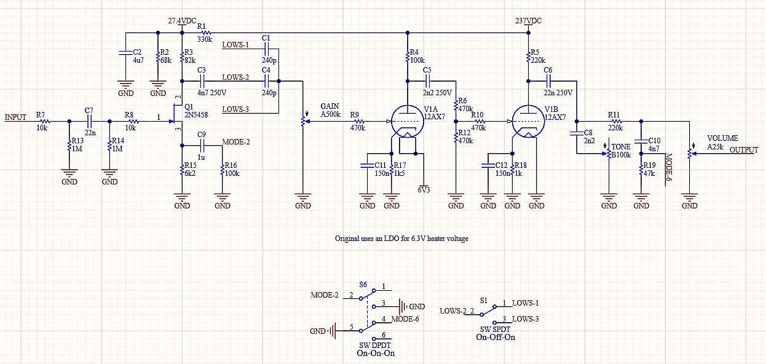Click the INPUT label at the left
15,117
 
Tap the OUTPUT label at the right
744,150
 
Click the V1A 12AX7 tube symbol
407,122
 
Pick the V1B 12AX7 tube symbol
528,122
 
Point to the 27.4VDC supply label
182,21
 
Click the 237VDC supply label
528,21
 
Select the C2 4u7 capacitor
125,53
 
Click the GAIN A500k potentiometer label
330,110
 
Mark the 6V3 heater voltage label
424,190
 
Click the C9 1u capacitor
202,146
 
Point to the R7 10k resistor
44,122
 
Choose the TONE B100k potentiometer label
621,151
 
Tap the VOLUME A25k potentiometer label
722,142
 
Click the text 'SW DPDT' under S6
375,345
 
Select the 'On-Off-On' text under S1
496,337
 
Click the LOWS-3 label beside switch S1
525,319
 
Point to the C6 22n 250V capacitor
548,81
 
